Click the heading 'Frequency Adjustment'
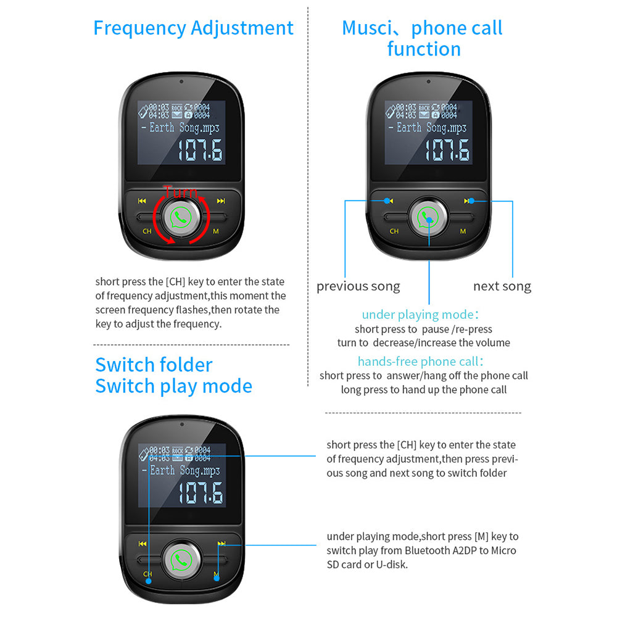coord(193,28)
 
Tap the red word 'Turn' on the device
coord(180,191)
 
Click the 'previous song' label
coord(358,286)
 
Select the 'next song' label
coord(502,286)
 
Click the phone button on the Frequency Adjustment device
coord(181,217)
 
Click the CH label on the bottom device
coord(147,574)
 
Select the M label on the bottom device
coord(216,574)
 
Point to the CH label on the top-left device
coord(147,231)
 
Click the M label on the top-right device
coord(463,231)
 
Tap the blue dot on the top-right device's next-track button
coord(471,201)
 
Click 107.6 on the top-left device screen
coord(201,151)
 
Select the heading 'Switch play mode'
coord(173,386)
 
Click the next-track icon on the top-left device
coord(221,201)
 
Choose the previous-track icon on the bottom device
coord(143,544)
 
